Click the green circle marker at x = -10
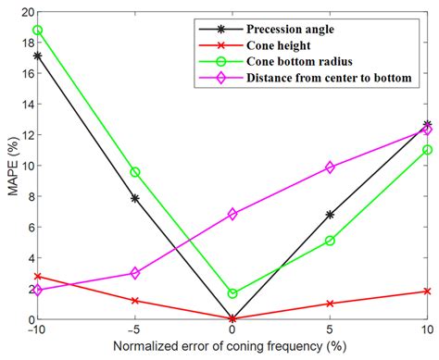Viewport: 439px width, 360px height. (37, 30)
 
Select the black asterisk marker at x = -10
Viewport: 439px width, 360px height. (37, 56)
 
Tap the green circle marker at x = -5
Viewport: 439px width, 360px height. (135, 172)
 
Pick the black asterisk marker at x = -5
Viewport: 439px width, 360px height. (135, 198)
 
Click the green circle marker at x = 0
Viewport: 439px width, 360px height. (232, 293)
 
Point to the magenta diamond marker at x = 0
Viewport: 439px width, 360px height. (232, 214)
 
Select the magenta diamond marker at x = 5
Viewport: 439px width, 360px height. (330, 168)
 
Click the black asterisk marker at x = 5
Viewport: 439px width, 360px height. (330, 215)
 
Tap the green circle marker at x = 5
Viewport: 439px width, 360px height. (330, 241)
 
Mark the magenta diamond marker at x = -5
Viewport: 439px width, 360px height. (135, 273)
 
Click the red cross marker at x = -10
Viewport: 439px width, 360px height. (37, 276)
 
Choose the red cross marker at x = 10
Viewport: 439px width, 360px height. (427, 291)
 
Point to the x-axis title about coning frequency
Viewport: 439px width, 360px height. (232, 350)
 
